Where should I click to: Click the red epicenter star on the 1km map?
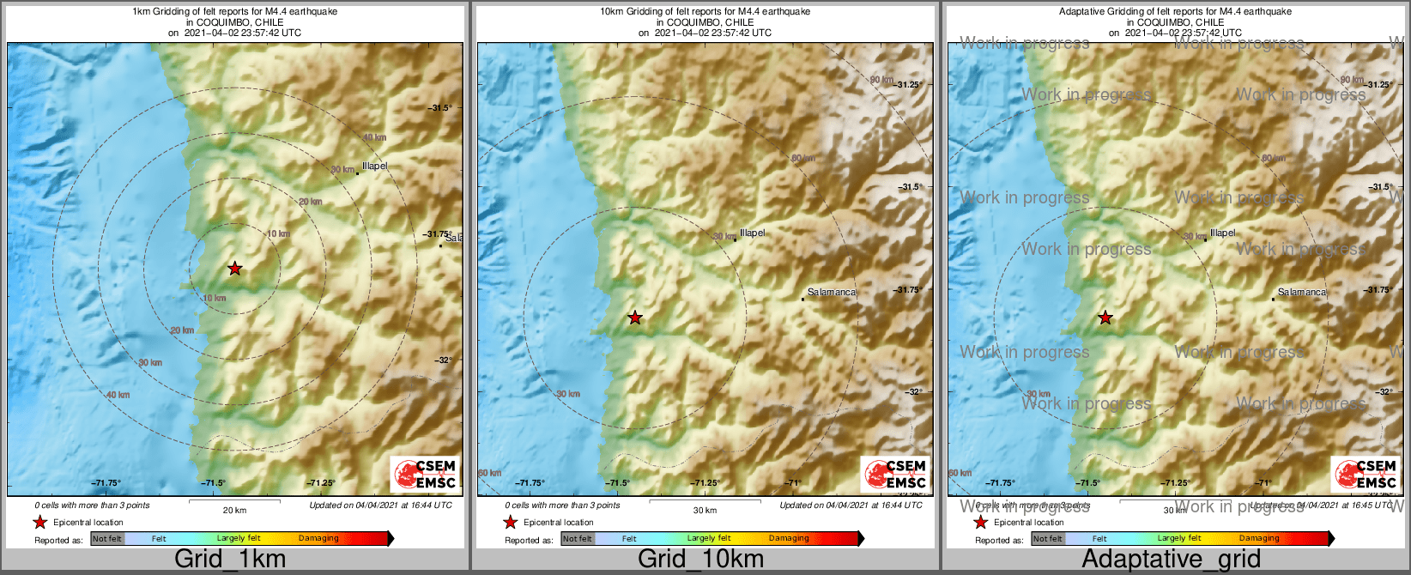[x=234, y=269]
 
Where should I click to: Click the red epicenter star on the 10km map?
[x=634, y=318]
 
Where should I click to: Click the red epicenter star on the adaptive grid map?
[x=1105, y=318]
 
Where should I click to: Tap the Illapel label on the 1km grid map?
[x=374, y=166]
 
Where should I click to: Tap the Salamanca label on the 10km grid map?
[x=831, y=292]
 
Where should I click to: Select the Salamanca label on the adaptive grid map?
[x=1301, y=292]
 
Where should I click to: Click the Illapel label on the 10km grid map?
[x=752, y=233]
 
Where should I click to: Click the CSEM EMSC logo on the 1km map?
[x=425, y=474]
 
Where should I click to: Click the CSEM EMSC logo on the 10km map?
[x=895, y=474]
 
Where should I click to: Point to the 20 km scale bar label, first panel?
[x=234, y=510]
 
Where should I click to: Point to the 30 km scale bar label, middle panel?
[x=705, y=510]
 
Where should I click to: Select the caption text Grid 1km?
[x=230, y=559]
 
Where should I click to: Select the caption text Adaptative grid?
[x=1171, y=559]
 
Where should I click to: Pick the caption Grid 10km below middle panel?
[x=700, y=559]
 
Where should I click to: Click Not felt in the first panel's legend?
[x=107, y=539]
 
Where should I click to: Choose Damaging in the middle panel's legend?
[x=789, y=538]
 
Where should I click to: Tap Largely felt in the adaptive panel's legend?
[x=1178, y=538]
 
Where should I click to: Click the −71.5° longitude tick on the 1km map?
[x=213, y=483]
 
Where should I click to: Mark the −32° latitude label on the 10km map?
[x=915, y=391]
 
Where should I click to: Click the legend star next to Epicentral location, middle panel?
[x=510, y=522]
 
